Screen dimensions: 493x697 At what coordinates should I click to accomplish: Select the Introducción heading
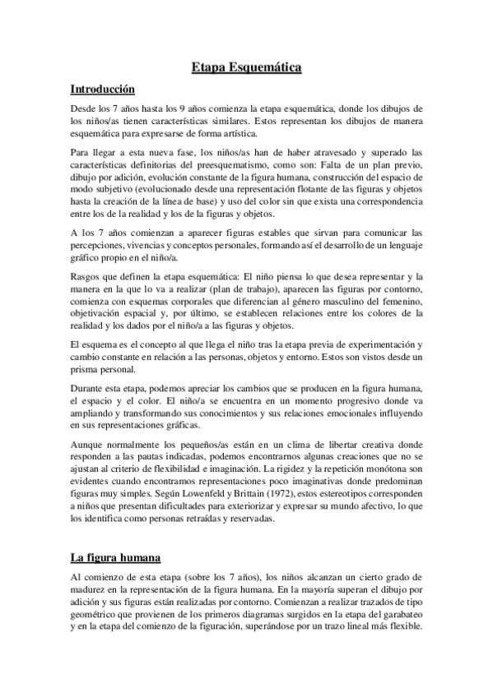click(103, 89)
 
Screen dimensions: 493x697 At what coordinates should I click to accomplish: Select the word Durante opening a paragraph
click(88, 389)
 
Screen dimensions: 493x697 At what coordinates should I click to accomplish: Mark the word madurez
click(91, 589)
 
